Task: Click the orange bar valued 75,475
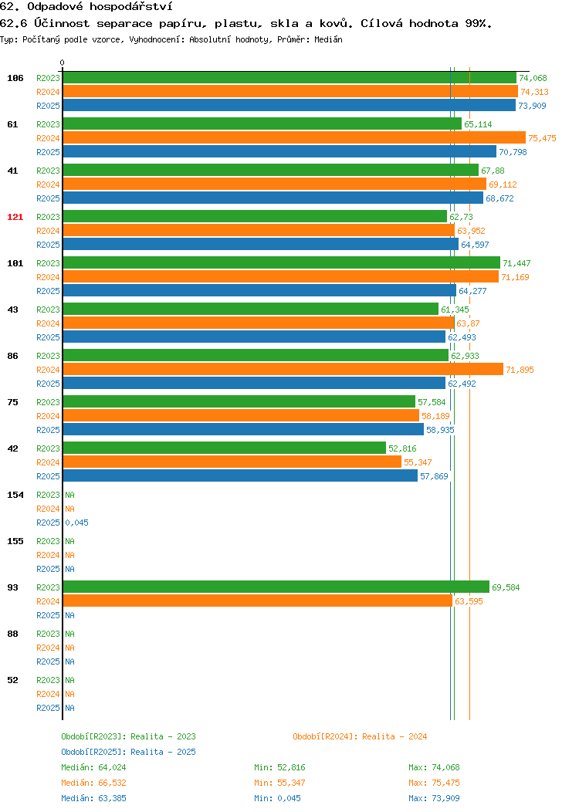(x=294, y=137)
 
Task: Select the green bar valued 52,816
(x=224, y=448)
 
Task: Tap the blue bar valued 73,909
(x=289, y=105)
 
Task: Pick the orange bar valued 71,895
(x=283, y=369)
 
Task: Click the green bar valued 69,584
(x=276, y=587)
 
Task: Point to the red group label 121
(x=15, y=217)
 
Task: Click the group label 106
(x=15, y=78)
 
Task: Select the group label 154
(x=15, y=495)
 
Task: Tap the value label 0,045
(x=76, y=523)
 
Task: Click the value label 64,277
(x=472, y=291)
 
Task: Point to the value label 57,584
(x=432, y=402)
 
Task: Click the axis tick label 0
(x=63, y=63)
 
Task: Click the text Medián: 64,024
(x=93, y=767)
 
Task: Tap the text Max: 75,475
(x=434, y=783)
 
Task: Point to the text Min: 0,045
(x=277, y=799)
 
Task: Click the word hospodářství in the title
(x=131, y=7)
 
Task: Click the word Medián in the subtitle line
(x=328, y=39)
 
